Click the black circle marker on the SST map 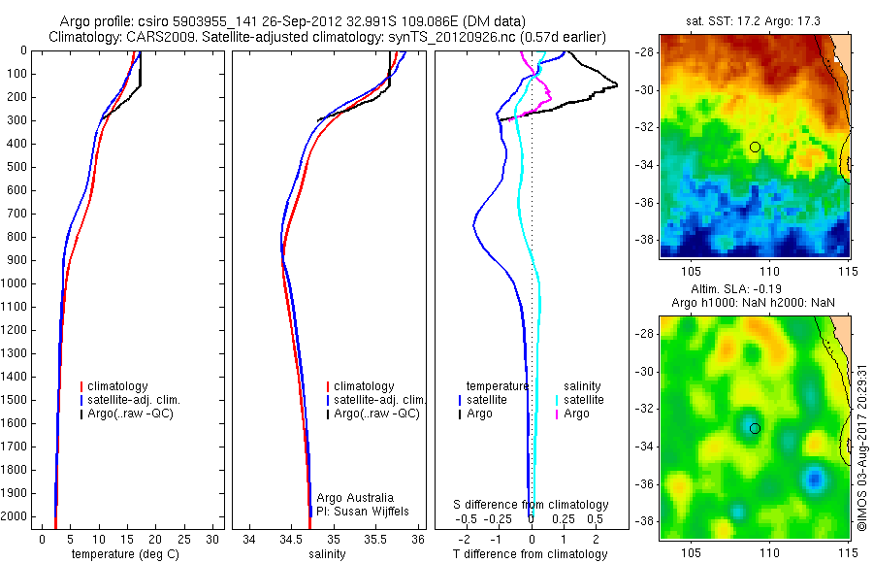pos(755,147)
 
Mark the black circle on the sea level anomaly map pos(755,428)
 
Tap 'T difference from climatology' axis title pos(531,554)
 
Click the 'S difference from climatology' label pos(532,505)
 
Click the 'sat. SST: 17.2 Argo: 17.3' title pos(755,18)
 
